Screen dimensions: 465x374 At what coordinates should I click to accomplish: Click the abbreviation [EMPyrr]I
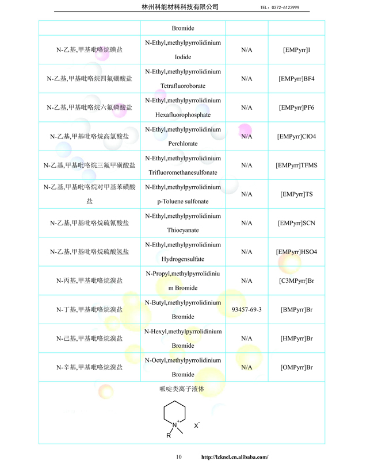(296, 50)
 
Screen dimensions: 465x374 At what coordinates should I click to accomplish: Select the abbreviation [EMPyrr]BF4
(296, 79)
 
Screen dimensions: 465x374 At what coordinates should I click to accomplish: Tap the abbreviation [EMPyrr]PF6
(296, 107)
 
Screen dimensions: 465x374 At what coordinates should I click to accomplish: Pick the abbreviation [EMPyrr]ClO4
(296, 136)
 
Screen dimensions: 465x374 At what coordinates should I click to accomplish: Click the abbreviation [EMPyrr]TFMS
(296, 166)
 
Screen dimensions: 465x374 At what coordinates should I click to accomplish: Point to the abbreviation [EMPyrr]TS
(296, 194)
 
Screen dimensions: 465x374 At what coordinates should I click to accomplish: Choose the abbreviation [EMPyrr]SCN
(296, 223)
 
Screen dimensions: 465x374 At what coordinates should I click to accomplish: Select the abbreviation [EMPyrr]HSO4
(296, 252)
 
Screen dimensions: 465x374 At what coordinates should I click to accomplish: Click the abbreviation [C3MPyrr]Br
(296, 280)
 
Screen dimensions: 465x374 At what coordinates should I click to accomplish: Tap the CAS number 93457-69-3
(247, 309)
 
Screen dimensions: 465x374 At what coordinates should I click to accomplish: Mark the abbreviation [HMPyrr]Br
(296, 339)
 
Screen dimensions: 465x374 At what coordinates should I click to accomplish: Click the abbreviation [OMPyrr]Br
(296, 367)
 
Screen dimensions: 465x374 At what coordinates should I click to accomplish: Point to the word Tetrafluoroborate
(183, 86)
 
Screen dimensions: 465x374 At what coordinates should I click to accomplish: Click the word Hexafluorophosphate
(183, 115)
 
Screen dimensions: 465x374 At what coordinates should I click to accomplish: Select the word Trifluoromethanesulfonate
(183, 172)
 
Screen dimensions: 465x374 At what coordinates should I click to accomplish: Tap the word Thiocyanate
(183, 230)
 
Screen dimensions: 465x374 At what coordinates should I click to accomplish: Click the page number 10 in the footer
(179, 457)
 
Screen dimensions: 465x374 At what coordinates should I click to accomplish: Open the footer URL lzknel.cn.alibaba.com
(234, 457)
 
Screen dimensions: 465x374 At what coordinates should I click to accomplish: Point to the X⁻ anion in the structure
(197, 425)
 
